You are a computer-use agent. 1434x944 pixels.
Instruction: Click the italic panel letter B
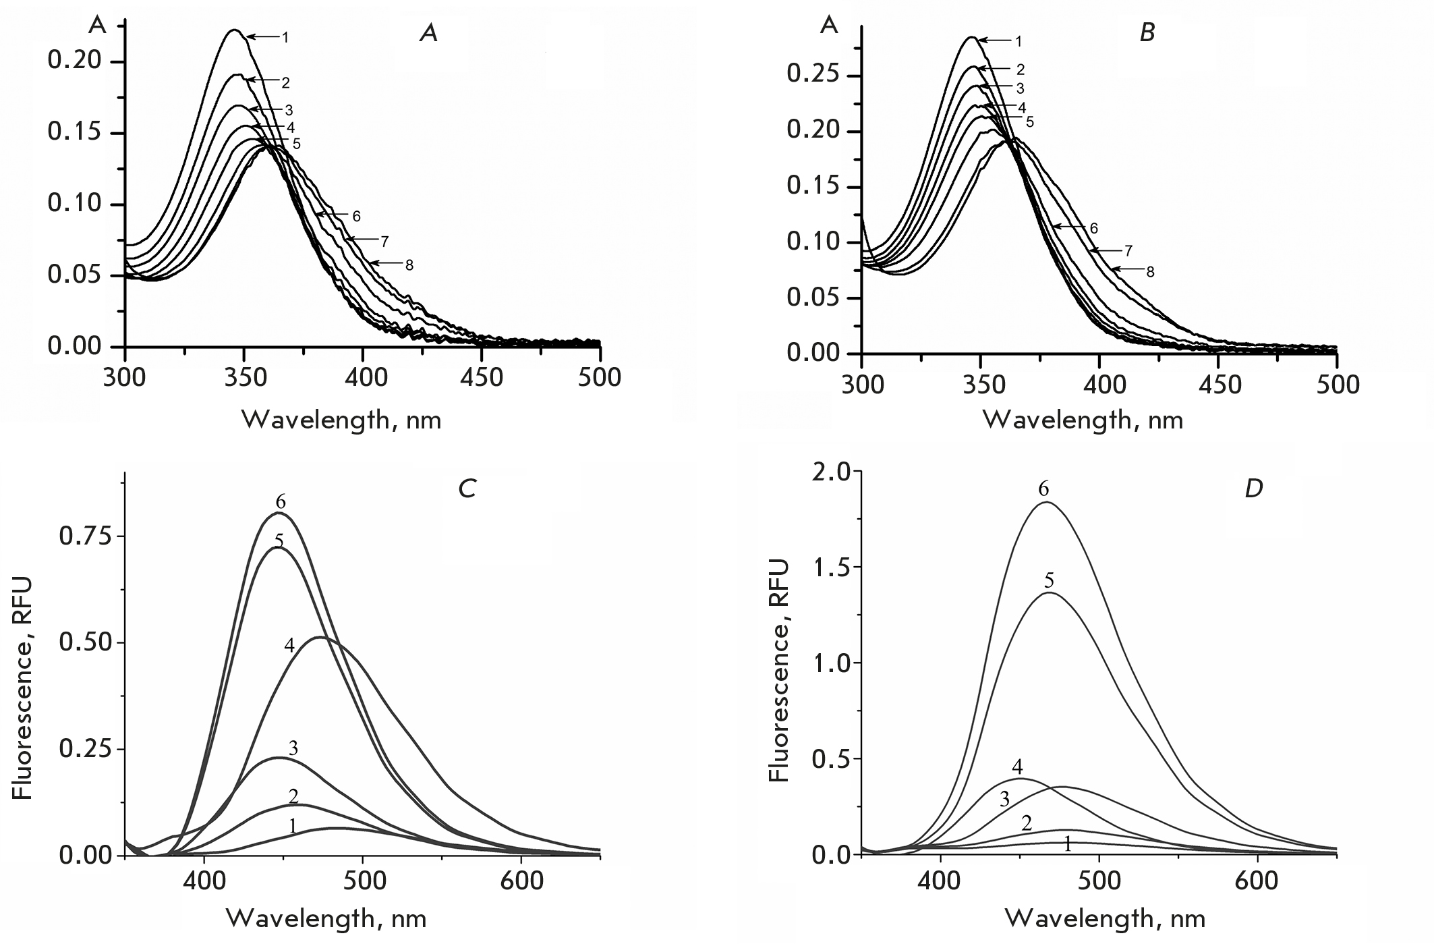1147,32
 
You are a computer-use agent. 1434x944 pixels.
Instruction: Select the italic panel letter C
467,488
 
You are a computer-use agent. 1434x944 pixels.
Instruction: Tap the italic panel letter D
1253,488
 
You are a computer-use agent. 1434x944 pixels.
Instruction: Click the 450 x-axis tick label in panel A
482,377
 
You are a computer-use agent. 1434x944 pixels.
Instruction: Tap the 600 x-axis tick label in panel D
1258,881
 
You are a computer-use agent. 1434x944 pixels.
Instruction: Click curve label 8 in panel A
409,266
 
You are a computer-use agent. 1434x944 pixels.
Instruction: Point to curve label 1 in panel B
1019,42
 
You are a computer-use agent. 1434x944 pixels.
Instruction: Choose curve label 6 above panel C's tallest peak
281,502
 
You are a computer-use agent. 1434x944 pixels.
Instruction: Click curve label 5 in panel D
1049,581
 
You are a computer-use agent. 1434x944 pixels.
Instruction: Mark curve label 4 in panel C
289,645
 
